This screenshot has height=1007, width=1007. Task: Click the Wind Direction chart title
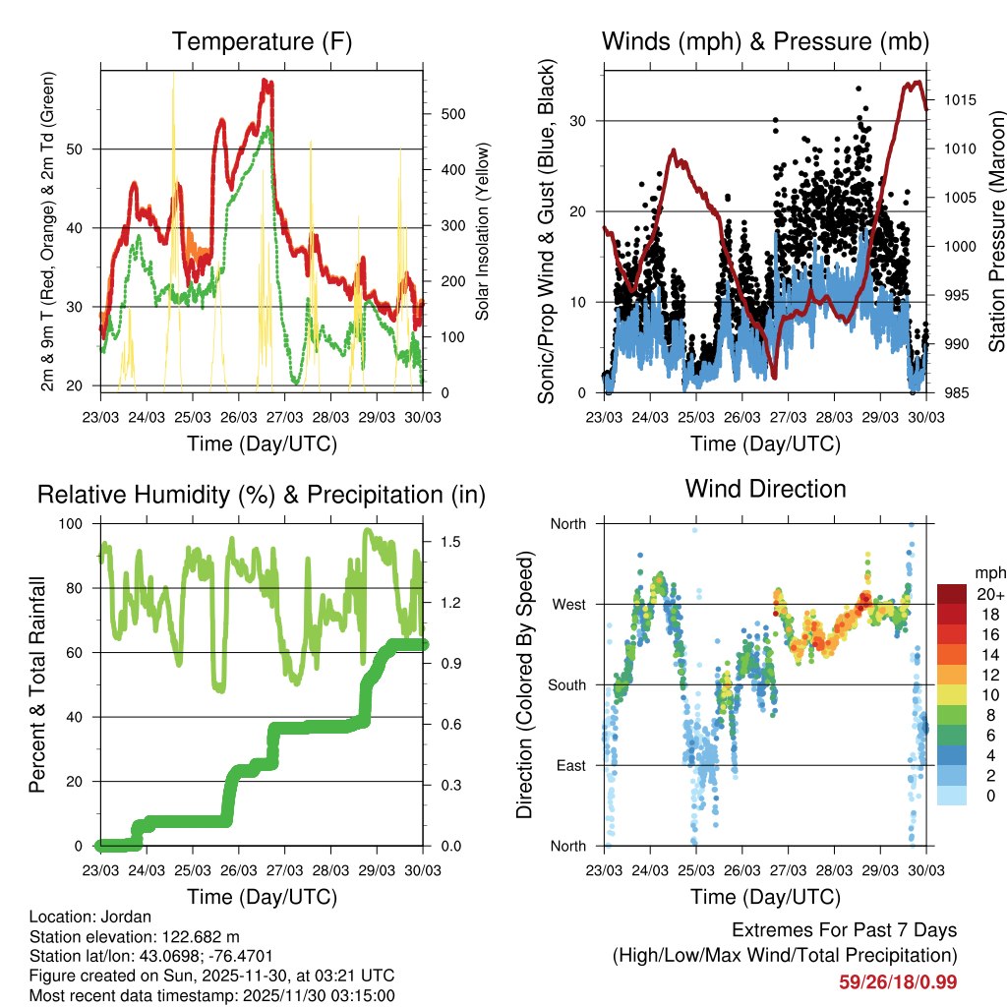[x=765, y=488]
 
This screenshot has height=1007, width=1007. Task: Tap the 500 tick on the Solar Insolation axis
[x=452, y=114]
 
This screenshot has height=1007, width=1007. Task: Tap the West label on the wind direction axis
[x=566, y=604]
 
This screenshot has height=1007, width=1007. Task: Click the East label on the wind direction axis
[x=568, y=765]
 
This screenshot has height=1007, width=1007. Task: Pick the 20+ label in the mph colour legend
[x=989, y=594]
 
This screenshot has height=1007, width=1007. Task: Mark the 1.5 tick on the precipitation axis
[x=452, y=542]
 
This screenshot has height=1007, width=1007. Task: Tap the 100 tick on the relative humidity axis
[x=73, y=524]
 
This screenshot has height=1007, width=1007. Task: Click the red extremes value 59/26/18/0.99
[x=898, y=981]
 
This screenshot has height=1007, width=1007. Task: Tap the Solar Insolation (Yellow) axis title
[x=483, y=232]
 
